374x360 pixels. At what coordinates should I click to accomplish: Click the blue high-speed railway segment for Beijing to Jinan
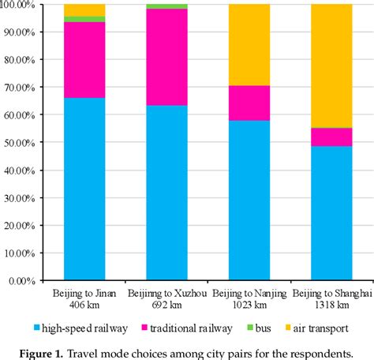click(84, 189)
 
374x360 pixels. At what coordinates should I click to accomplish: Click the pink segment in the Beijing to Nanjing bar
click(249, 103)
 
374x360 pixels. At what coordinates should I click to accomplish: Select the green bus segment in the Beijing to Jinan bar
click(84, 19)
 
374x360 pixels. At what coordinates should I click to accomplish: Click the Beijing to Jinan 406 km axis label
click(84, 299)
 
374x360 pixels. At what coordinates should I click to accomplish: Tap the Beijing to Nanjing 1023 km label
click(249, 299)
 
